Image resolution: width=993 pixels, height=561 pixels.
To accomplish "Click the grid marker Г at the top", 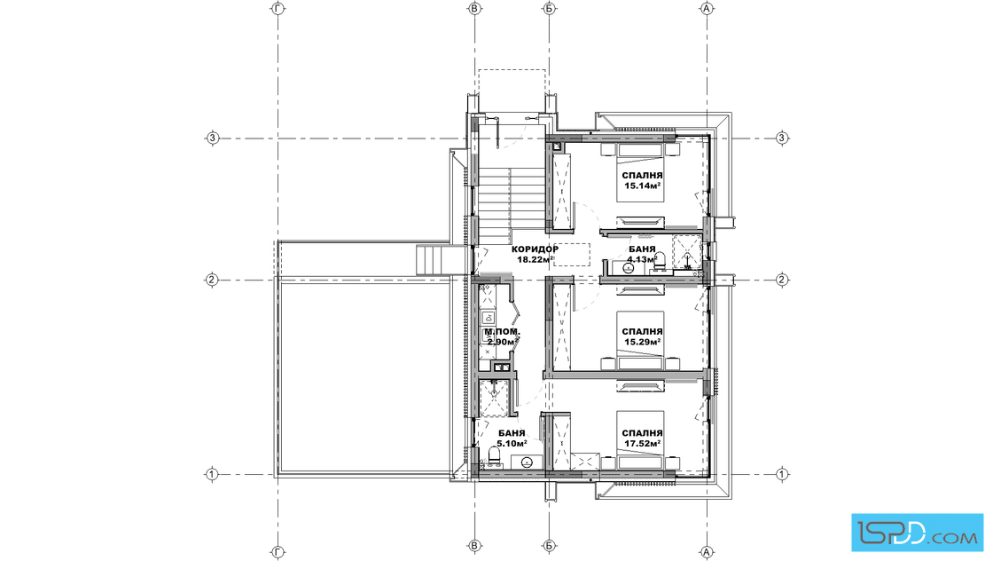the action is point(278,8).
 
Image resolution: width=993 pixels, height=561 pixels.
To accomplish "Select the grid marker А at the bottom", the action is point(707,552).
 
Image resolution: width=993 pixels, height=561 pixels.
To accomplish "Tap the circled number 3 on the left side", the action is point(213,138).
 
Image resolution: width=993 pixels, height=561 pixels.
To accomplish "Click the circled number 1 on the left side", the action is point(212,473).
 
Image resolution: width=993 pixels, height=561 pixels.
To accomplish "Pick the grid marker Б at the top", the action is point(549,8).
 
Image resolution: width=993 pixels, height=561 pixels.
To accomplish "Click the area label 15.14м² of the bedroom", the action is point(643,186).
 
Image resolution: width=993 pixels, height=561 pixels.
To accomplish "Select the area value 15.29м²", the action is point(643,342).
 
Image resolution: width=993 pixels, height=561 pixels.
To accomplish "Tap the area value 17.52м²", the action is point(643,444).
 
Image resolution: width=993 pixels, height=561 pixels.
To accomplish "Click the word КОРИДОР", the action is point(536,249).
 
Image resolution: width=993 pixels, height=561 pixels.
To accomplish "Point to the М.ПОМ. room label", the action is point(502,332).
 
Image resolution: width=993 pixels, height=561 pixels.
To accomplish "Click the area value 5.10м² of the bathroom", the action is point(512,444).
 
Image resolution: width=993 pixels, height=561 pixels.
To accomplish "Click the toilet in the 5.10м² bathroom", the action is point(494,455).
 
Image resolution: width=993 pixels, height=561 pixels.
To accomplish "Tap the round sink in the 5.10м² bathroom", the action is point(526,462).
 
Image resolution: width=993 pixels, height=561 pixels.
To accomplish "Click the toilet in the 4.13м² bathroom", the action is point(660,259).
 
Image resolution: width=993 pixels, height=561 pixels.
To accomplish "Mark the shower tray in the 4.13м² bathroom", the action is point(687,252).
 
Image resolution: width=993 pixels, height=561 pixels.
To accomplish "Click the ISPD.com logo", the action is point(917,532).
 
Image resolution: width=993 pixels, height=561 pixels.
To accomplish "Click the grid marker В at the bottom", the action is point(474,545).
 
